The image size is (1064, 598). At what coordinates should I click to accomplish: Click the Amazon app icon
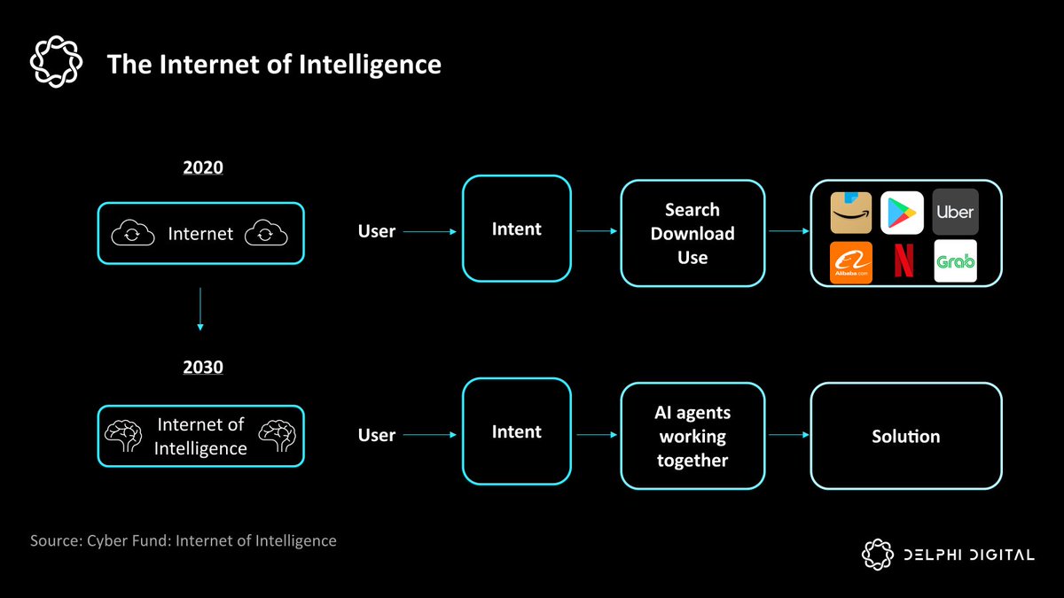coord(850,213)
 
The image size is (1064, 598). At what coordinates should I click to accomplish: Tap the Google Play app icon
coord(903,213)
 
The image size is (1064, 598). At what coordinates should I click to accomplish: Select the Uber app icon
coord(955,212)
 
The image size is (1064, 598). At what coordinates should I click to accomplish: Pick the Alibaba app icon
coord(850,262)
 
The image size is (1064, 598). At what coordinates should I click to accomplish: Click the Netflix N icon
coord(903,262)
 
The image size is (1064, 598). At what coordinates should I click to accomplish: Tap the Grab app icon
coord(955,261)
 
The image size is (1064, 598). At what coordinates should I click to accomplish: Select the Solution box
coord(905,436)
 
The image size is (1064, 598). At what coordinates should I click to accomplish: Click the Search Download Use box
coord(692,233)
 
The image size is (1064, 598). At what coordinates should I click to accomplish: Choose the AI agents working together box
coord(692,436)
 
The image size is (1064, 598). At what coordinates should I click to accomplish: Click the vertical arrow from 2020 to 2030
coord(200,307)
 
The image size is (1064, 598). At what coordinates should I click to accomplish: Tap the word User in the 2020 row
coord(376,231)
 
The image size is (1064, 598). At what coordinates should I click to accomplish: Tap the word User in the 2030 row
coord(376,435)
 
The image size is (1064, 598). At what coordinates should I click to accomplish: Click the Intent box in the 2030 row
coord(516,432)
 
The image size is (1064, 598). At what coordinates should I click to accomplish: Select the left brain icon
coord(124,436)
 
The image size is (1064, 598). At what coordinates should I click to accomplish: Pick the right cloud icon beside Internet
coord(265,234)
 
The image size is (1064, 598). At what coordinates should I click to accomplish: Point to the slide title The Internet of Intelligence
coord(274,64)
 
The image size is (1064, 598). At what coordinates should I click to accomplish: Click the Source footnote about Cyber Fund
coord(184,540)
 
